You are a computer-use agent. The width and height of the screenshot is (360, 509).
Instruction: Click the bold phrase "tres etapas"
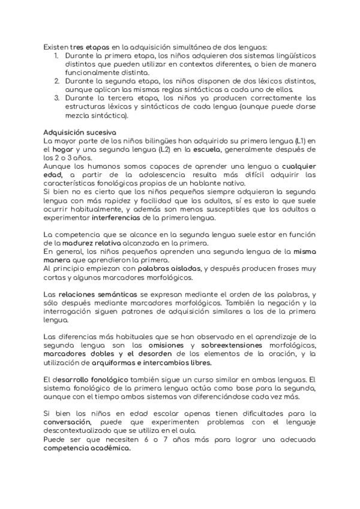(x=86, y=46)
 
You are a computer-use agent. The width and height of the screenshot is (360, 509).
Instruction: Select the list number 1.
(x=55, y=55)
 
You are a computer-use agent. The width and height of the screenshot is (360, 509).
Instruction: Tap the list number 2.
(x=56, y=80)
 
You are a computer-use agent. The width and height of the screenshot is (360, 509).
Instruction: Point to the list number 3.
(x=56, y=98)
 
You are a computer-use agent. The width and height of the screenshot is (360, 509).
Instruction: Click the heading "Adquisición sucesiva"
(x=80, y=131)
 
